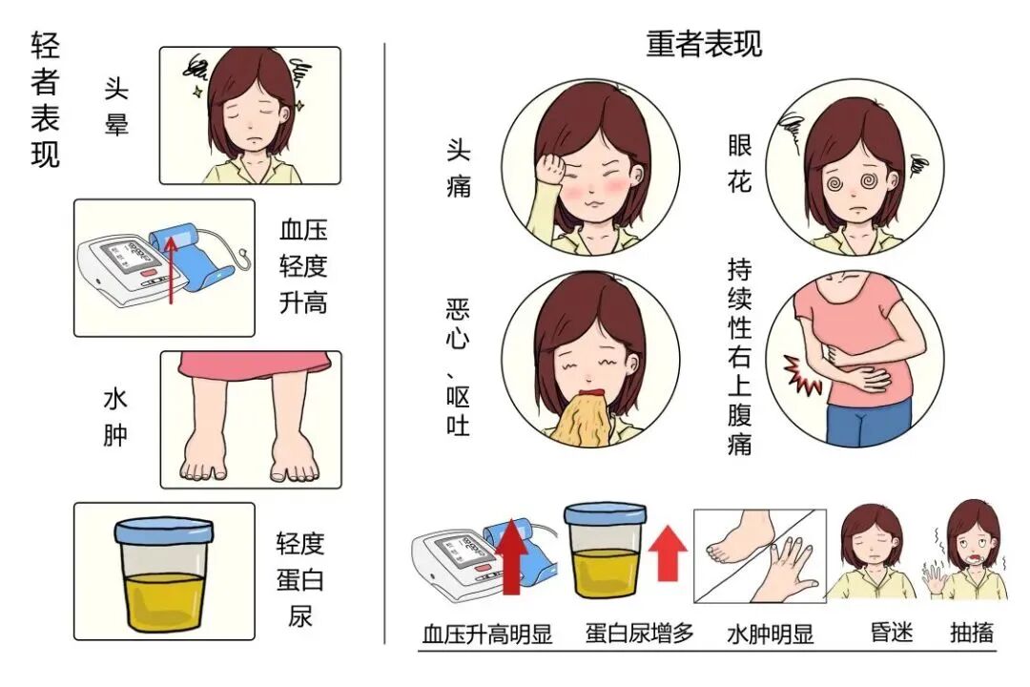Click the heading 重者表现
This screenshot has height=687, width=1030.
(x=704, y=44)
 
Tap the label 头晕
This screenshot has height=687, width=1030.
(x=116, y=107)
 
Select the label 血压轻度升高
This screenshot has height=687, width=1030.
(x=303, y=266)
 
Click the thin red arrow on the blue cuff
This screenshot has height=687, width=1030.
(x=171, y=270)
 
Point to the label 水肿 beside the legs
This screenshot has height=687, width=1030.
(x=115, y=418)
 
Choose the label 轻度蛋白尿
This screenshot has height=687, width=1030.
(x=300, y=580)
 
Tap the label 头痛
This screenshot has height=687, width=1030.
(x=459, y=168)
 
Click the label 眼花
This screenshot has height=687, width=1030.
(x=740, y=164)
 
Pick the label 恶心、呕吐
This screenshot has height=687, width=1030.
(x=458, y=367)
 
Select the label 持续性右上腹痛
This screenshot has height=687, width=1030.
(x=740, y=357)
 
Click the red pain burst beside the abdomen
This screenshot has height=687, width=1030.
(x=801, y=374)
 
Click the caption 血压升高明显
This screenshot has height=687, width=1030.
(x=486, y=635)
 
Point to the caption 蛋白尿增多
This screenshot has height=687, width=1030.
(x=640, y=634)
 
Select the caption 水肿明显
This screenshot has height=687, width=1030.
(x=770, y=635)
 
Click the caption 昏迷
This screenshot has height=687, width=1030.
(x=892, y=633)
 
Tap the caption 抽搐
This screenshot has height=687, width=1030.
(x=972, y=633)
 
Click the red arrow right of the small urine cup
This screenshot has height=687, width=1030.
(x=668, y=552)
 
